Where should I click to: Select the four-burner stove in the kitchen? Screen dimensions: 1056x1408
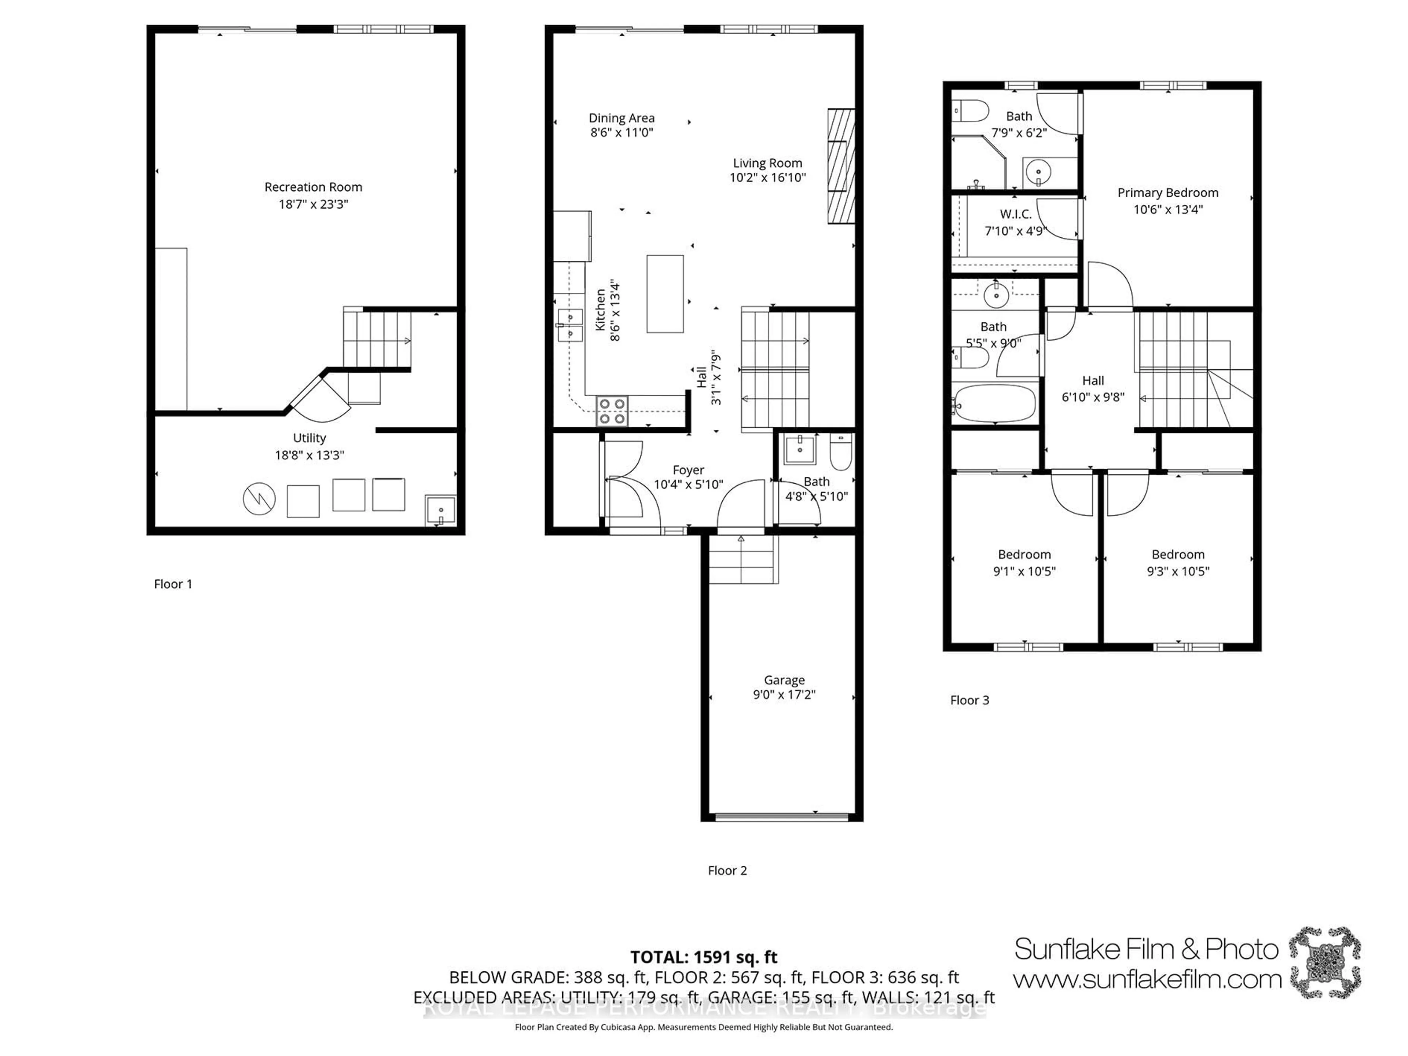tap(612, 411)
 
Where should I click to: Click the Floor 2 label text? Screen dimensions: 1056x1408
tap(727, 870)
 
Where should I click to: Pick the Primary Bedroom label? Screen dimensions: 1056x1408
tap(1167, 192)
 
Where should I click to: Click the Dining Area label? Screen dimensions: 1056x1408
tap(621, 118)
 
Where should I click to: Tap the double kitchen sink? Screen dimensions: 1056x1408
tap(570, 325)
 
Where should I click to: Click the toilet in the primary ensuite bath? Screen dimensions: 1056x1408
tap(970, 112)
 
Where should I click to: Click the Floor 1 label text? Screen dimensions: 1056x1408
tap(172, 584)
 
